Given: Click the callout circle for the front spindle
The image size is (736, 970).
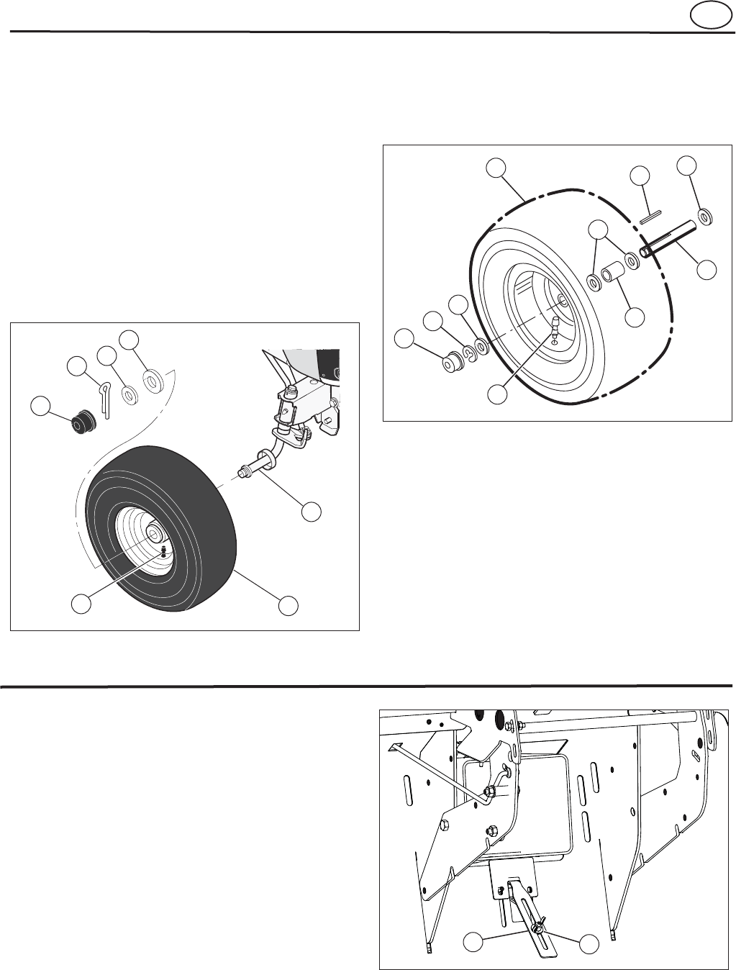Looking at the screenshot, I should (x=311, y=512).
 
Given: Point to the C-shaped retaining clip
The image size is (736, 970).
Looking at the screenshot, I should (x=469, y=352).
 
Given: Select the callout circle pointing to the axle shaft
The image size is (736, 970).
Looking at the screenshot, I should (x=707, y=270).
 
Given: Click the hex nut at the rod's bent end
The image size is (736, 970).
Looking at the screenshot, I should (x=489, y=793).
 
